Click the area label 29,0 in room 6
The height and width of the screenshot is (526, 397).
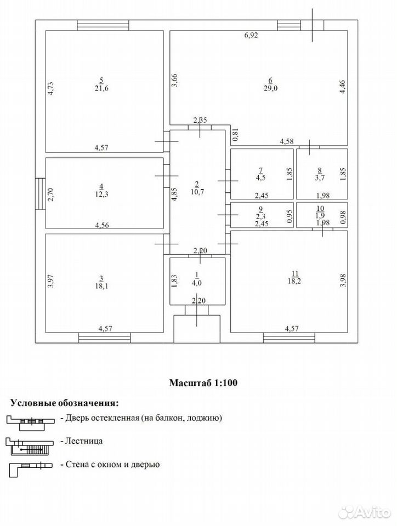pyautogui.click(x=270, y=88)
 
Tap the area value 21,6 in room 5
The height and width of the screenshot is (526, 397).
pyautogui.click(x=101, y=88)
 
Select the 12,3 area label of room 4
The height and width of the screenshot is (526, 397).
pyautogui.click(x=101, y=193)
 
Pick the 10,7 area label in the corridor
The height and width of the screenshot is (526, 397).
pyautogui.click(x=197, y=192)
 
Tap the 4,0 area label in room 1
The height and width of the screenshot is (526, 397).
pyautogui.click(x=197, y=283)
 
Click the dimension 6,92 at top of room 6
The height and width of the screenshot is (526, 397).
pyautogui.click(x=251, y=35)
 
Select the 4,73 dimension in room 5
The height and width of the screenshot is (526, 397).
pyautogui.click(x=50, y=89)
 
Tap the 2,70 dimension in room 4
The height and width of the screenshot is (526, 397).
pyautogui.click(x=50, y=195)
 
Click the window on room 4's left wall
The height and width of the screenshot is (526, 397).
pyautogui.click(x=40, y=194)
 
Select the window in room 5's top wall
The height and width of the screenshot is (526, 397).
pyautogui.click(x=103, y=25)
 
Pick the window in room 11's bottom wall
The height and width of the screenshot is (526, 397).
pyautogui.click(x=290, y=338)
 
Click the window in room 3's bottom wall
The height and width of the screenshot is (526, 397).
pyautogui.click(x=104, y=338)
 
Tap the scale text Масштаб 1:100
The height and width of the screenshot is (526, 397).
pyautogui.click(x=203, y=383)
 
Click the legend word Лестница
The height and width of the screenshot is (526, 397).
pyautogui.click(x=84, y=441)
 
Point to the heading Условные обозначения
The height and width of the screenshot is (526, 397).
pyautogui.click(x=65, y=403)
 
